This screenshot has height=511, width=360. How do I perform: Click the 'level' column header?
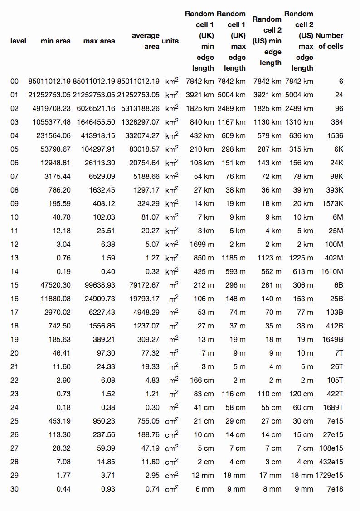18,41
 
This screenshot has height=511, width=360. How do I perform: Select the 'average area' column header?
146,41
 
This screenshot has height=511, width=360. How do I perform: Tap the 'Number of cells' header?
329,41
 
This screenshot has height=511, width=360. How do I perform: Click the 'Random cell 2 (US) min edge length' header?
267,41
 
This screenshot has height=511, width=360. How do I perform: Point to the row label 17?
15,312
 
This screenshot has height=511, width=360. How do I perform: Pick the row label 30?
15,489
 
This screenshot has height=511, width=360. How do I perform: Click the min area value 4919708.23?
51,108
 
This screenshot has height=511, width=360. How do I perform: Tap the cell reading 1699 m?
201,244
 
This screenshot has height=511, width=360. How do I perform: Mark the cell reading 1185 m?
234,258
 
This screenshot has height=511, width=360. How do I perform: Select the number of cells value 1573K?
332,203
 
